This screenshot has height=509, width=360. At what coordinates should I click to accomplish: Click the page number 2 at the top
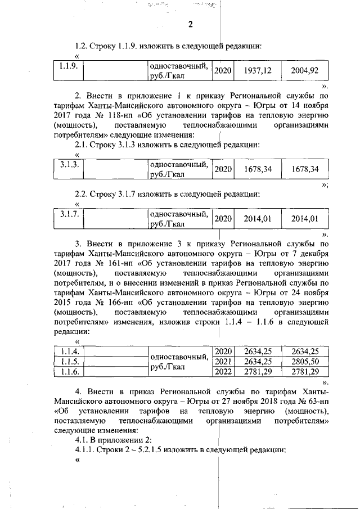tap(190, 24)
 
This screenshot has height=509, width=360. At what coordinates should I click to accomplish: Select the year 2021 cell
tap(223, 361)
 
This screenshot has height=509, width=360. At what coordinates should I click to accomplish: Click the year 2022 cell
tap(223, 371)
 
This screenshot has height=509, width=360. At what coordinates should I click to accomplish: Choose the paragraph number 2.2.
tap(82, 194)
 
